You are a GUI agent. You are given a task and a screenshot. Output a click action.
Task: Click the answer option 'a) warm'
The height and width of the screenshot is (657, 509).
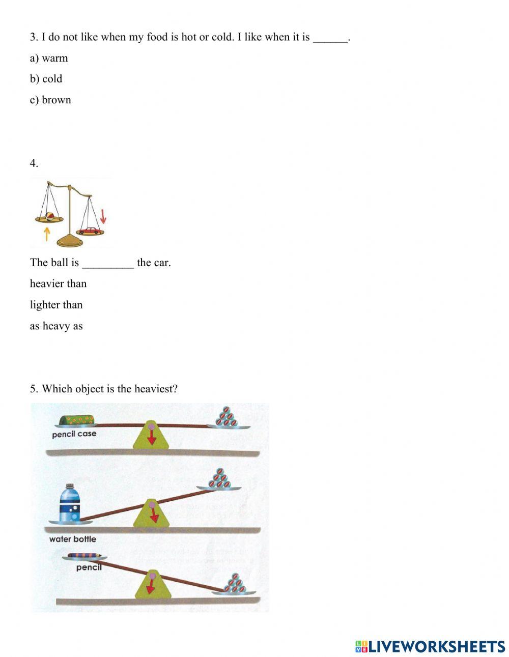click(x=49, y=58)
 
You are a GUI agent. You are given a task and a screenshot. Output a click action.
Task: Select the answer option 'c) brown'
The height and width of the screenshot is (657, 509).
click(x=50, y=100)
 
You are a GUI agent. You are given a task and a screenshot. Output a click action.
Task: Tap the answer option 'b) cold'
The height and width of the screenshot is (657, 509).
click(x=46, y=79)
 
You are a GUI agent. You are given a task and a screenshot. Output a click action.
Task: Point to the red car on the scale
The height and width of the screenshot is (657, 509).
click(x=90, y=231)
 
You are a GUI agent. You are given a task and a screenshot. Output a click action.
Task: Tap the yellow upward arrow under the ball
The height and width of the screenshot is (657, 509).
click(x=47, y=234)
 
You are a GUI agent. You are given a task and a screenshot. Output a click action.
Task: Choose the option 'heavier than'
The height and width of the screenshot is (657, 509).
click(x=58, y=283)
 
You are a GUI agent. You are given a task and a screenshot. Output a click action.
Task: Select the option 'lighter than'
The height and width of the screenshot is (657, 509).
click(x=56, y=305)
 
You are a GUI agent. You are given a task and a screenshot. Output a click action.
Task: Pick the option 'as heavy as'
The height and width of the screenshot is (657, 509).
click(x=56, y=326)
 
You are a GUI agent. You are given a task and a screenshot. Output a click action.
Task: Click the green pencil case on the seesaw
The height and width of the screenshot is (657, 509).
click(x=77, y=420)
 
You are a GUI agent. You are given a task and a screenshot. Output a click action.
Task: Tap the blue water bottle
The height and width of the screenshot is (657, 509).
click(x=69, y=504)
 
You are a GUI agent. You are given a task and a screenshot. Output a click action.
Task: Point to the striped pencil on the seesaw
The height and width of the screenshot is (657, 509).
click(x=84, y=556)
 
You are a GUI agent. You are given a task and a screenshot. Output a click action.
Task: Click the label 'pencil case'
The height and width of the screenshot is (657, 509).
click(x=74, y=434)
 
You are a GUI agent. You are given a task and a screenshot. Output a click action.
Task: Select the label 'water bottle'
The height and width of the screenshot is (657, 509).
click(x=72, y=539)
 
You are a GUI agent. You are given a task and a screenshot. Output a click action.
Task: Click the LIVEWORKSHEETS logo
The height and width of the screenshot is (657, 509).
click(x=430, y=646)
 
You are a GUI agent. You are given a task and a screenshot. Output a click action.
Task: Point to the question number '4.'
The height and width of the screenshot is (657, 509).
click(x=34, y=163)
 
